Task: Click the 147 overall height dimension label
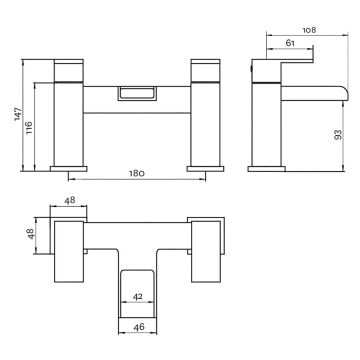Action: (18, 114)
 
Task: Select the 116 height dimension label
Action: (29, 127)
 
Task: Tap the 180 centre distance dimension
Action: (137, 174)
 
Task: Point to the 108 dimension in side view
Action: (309, 30)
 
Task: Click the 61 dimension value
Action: (290, 43)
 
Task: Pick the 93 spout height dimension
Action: (338, 134)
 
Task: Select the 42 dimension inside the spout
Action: (138, 297)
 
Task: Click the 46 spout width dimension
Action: (138, 327)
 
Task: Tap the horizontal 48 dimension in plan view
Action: (69, 200)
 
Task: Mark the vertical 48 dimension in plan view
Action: (31, 233)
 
